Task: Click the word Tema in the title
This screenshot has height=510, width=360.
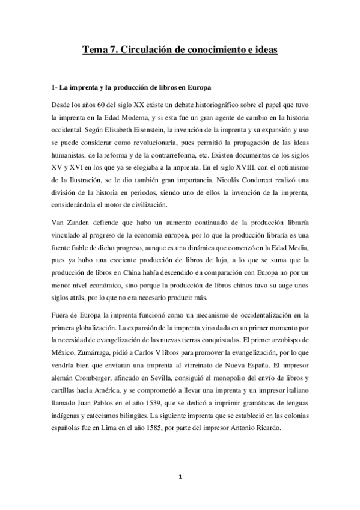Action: [x=96, y=51]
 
